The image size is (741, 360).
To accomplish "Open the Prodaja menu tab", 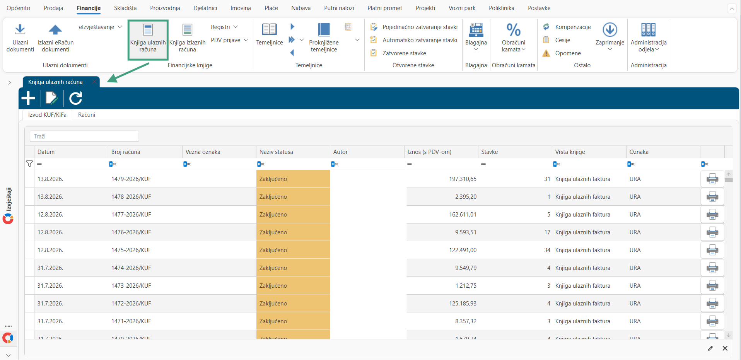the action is (x=53, y=8).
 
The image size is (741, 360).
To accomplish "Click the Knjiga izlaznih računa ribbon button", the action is (x=188, y=38).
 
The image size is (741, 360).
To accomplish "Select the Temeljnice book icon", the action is (x=269, y=30).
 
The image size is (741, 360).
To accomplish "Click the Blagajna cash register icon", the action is (x=476, y=30).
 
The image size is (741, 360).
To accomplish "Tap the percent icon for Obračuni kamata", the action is (x=514, y=30).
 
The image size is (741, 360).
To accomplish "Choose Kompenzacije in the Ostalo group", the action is (x=573, y=27).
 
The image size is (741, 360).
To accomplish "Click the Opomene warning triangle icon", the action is (x=546, y=53).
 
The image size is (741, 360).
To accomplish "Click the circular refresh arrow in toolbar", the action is (x=76, y=98).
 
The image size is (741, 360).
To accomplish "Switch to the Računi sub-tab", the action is (x=87, y=115).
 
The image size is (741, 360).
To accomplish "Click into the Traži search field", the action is (x=84, y=136).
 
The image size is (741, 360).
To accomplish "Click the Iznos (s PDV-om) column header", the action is (x=429, y=152).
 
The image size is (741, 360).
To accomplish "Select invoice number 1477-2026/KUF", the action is (x=131, y=215).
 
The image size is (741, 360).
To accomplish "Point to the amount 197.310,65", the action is (x=463, y=179).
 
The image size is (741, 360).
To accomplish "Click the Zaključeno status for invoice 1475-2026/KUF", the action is (x=273, y=250).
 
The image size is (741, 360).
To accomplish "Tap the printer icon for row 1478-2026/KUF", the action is (x=712, y=197).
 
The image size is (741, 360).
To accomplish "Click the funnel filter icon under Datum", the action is (x=29, y=164).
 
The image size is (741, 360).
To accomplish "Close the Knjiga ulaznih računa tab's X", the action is (x=94, y=82).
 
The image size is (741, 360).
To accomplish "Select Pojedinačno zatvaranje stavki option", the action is (x=420, y=27).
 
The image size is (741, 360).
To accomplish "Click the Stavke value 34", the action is (x=547, y=250).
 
